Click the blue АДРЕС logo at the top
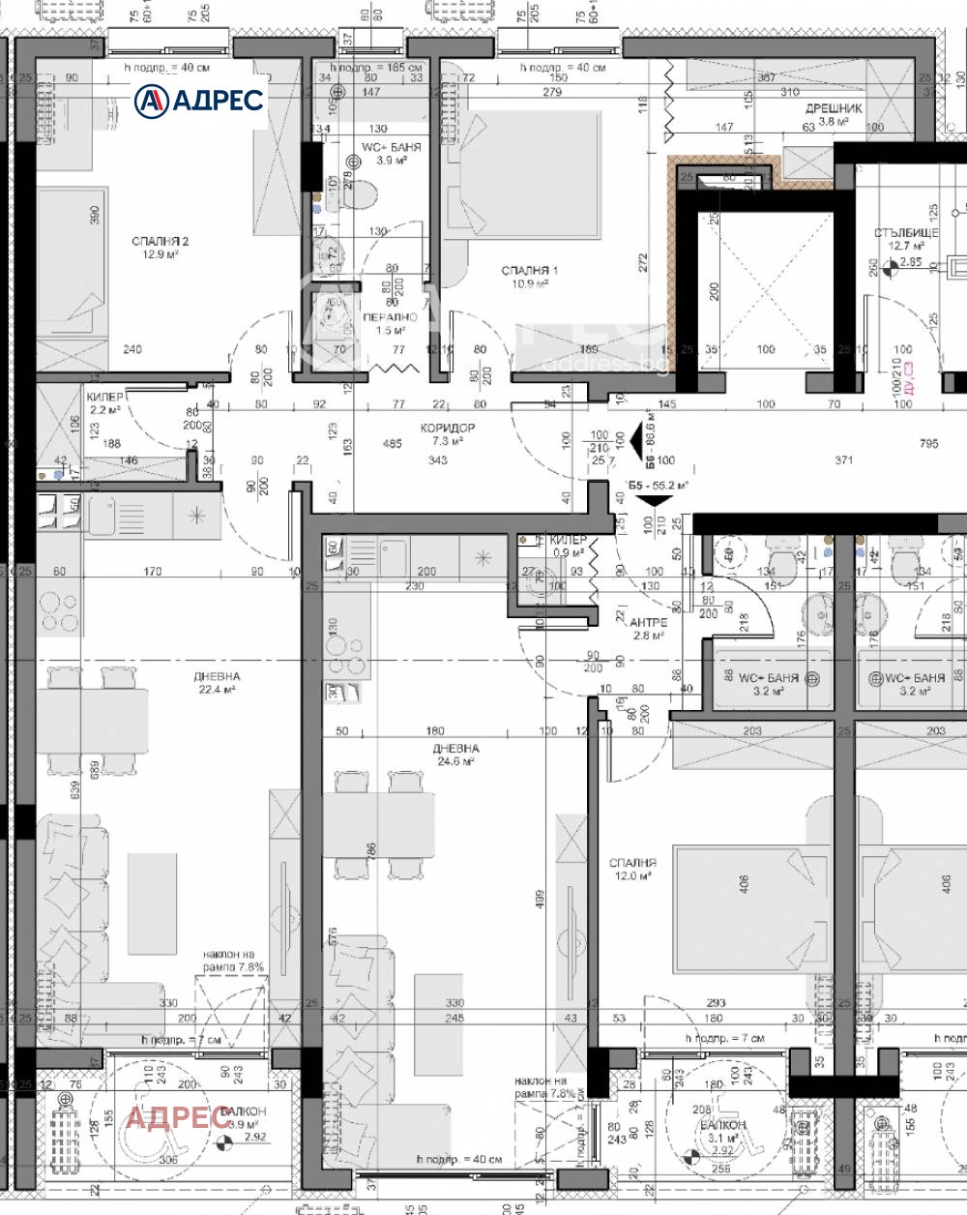click(199, 100)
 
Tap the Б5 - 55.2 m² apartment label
click(658, 485)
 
